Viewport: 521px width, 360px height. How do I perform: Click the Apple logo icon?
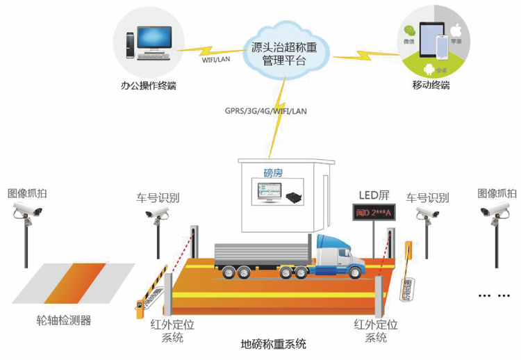[x=456, y=31]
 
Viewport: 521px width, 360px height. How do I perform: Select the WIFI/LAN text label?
[x=215, y=59]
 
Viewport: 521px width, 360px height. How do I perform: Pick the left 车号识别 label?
[x=158, y=198]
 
